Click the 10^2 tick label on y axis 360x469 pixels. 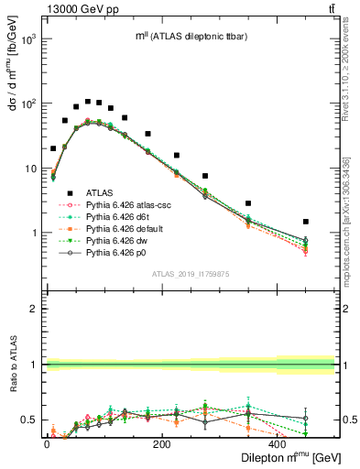[27, 104]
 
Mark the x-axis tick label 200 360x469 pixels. [162, 444]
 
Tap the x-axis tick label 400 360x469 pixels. [278, 444]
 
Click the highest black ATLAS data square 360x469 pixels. [88, 102]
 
